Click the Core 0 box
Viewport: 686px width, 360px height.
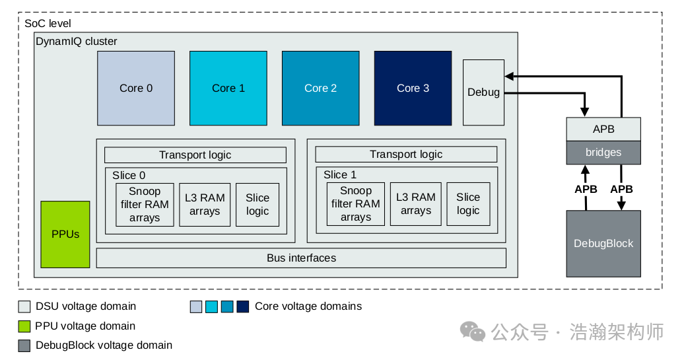point(136,88)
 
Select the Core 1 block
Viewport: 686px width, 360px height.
point(228,88)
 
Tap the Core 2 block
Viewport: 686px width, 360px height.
point(320,88)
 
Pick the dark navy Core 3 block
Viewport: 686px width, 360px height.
point(413,88)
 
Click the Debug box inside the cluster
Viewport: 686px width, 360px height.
point(483,92)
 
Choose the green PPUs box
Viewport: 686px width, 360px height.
point(65,234)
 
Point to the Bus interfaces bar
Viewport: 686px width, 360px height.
point(301,258)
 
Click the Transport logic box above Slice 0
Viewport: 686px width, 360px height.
point(195,155)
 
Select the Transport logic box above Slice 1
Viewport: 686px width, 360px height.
point(406,155)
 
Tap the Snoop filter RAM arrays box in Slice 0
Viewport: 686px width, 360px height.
point(145,204)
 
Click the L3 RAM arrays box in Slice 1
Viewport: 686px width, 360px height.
point(415,204)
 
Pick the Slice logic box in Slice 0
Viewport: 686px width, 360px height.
point(257,204)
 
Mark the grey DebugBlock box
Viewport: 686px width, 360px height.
point(603,243)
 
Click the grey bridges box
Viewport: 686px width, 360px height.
point(603,153)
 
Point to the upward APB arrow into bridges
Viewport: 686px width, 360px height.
point(586,188)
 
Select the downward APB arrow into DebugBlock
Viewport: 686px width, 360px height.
point(621,188)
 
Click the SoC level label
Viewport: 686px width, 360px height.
point(48,23)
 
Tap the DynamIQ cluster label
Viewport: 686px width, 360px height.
point(76,42)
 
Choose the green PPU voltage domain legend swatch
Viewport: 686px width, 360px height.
point(24,326)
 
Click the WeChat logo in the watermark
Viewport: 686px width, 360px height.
point(472,331)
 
